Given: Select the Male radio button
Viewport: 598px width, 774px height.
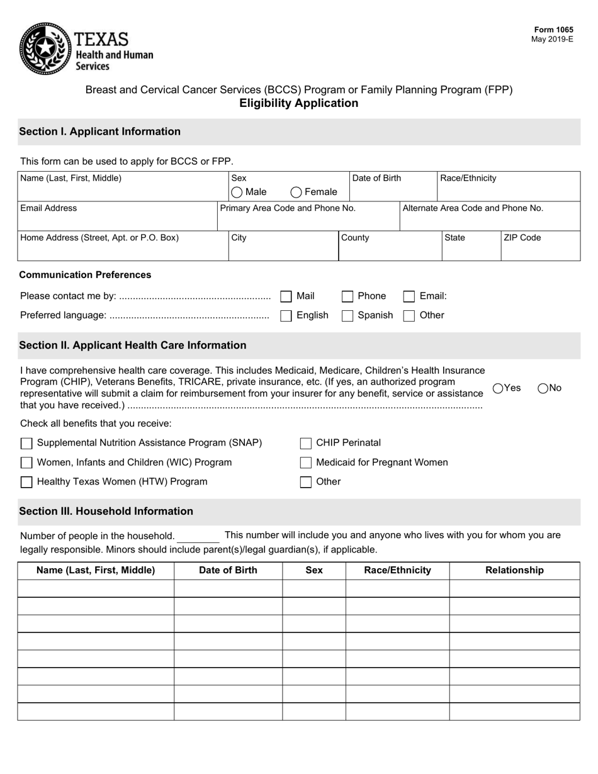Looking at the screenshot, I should click(x=237, y=192).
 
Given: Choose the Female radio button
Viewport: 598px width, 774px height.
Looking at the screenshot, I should click(x=296, y=192).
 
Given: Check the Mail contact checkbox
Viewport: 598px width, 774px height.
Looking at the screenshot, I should click(x=286, y=296).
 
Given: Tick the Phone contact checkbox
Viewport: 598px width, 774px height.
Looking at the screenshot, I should click(x=347, y=296).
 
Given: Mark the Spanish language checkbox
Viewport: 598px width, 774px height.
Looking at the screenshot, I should click(x=347, y=316).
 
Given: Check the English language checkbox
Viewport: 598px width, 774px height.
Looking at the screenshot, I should click(x=286, y=316).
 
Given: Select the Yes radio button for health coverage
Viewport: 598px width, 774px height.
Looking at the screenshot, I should click(x=498, y=388).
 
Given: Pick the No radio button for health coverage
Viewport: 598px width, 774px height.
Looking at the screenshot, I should click(x=543, y=388).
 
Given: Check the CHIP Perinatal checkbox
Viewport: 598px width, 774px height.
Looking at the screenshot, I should click(x=306, y=444).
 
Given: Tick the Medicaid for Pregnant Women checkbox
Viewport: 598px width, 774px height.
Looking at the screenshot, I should click(x=306, y=463).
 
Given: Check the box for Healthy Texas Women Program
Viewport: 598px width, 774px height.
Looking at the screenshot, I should click(x=26, y=483).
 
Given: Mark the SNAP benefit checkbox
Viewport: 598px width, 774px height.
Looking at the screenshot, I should click(x=26, y=444).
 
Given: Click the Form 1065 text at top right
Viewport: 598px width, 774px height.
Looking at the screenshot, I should click(x=553, y=30).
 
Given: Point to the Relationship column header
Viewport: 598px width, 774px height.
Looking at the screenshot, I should click(x=514, y=570).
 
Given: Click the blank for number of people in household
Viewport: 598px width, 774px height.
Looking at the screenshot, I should click(x=198, y=536).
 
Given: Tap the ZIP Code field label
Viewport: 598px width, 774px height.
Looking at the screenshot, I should click(x=522, y=238).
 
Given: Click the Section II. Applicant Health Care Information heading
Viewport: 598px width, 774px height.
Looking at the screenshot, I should click(x=133, y=345).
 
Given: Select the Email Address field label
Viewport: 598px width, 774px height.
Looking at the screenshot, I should click(x=48, y=208).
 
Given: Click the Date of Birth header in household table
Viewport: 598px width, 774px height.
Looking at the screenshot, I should click(x=228, y=570).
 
